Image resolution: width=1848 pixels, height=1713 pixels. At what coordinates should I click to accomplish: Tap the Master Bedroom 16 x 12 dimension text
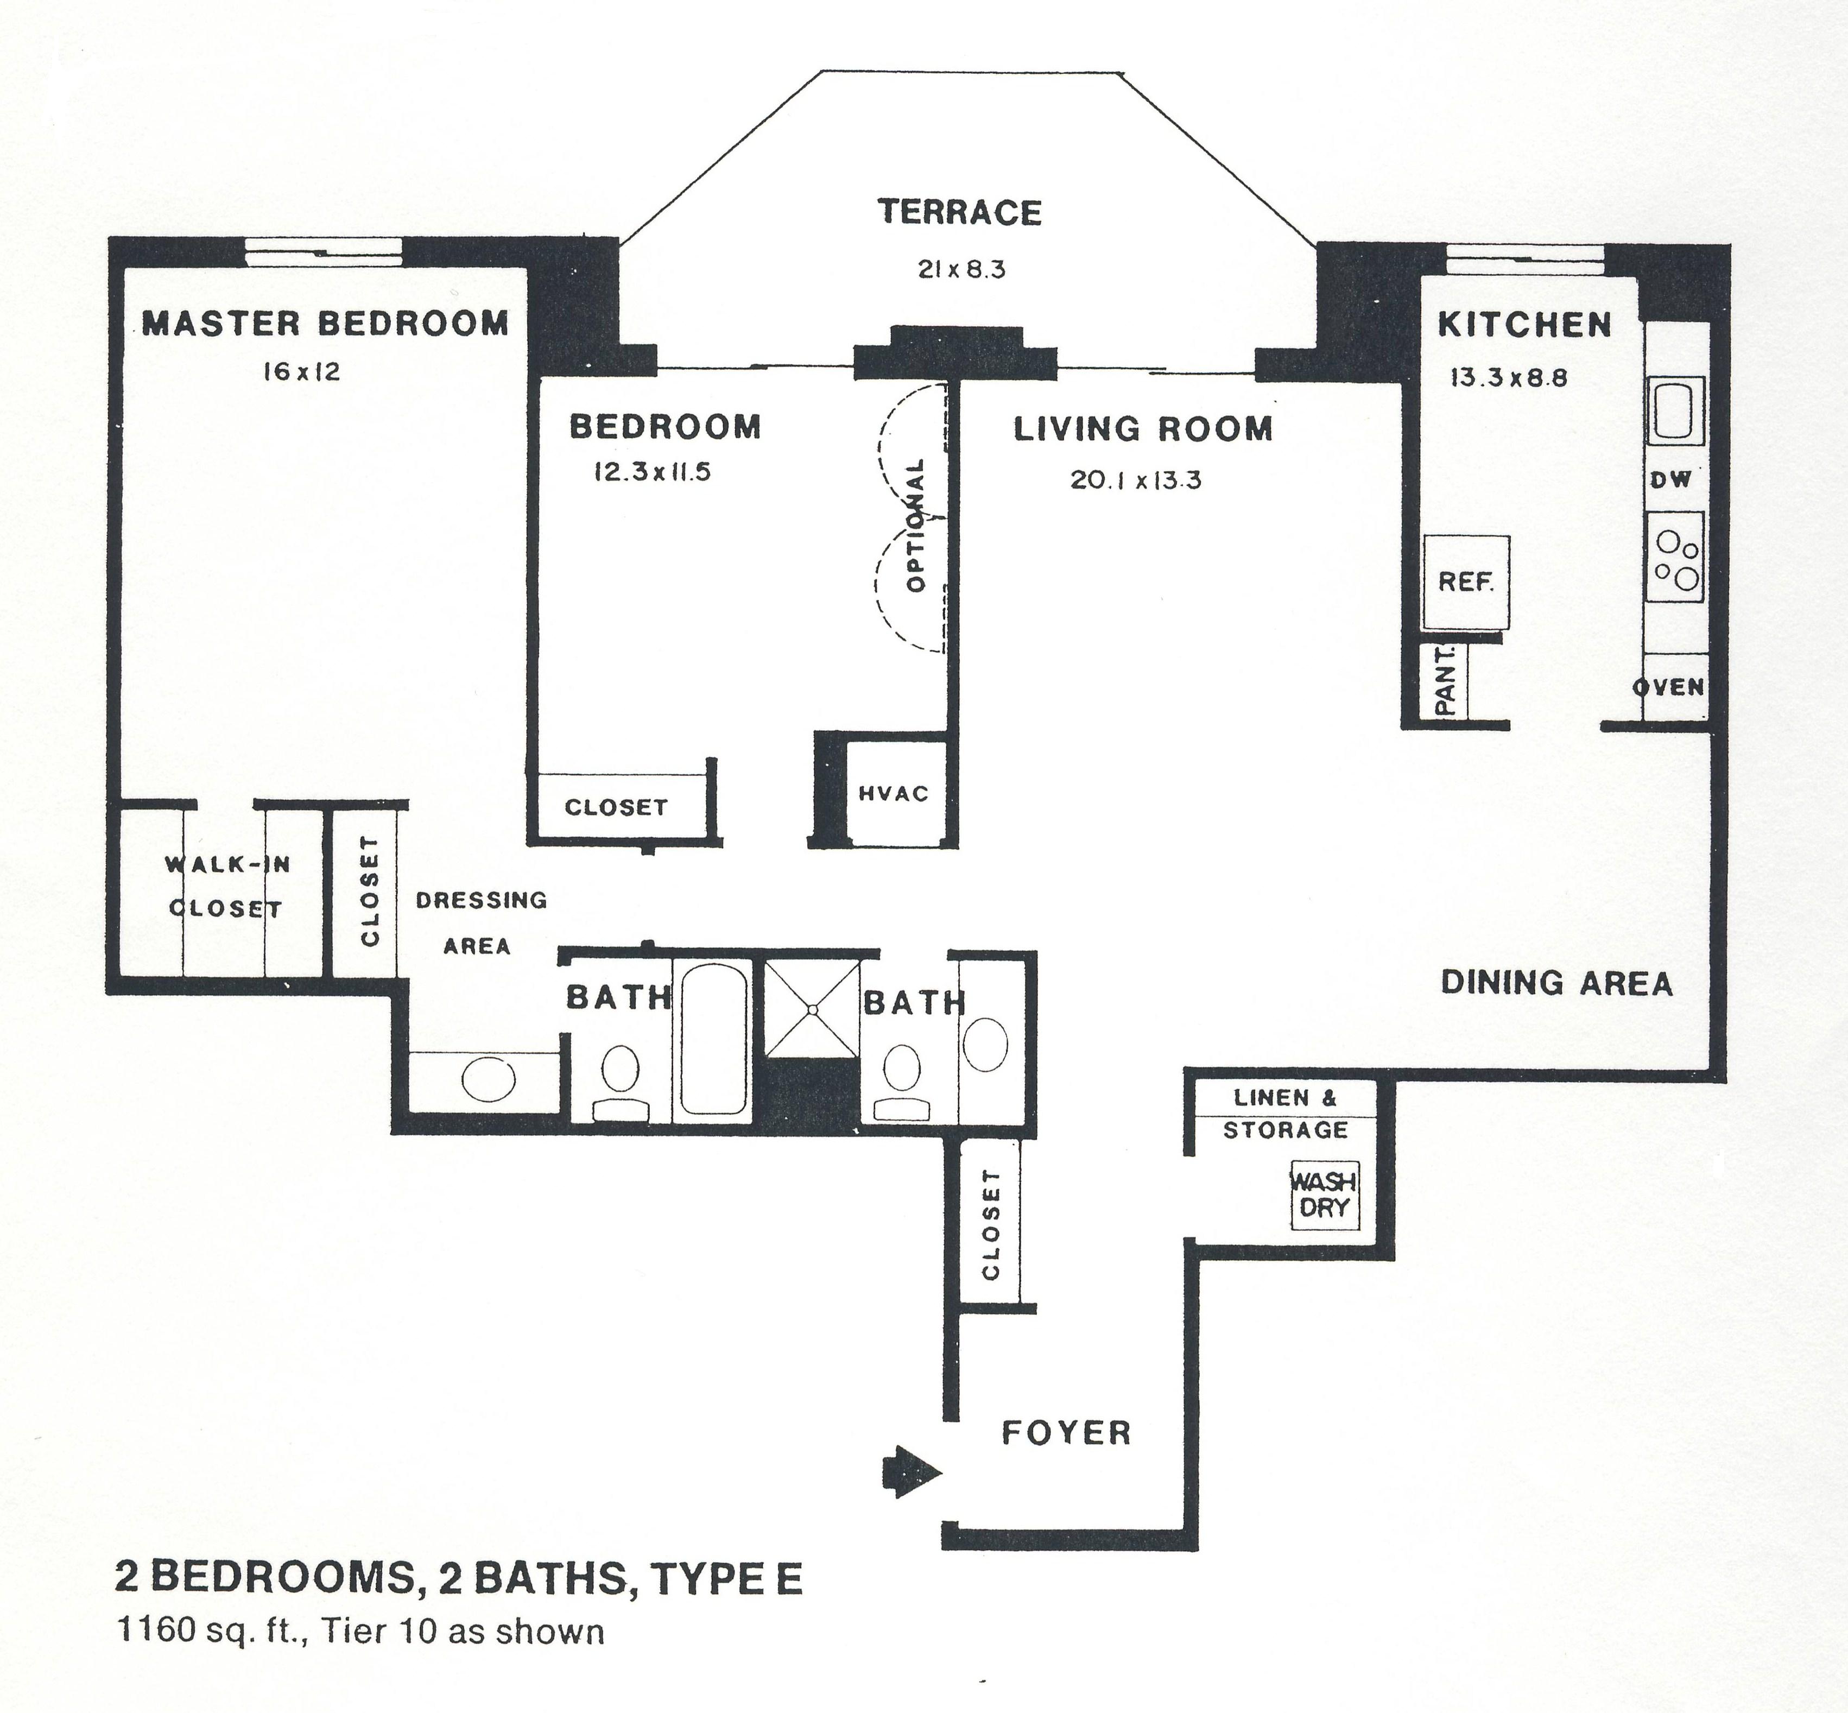(x=301, y=372)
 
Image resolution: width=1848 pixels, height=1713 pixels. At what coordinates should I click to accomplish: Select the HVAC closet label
(x=893, y=793)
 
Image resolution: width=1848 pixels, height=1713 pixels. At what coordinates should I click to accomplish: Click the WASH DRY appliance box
(x=1324, y=1196)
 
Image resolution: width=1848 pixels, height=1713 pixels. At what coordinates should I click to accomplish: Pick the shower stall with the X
(x=812, y=1008)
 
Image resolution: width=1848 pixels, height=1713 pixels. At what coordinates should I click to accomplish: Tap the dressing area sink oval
(x=489, y=1080)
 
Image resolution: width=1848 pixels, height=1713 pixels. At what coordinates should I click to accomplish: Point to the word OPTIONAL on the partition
(x=916, y=524)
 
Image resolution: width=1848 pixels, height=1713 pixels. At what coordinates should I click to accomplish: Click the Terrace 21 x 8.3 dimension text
(x=961, y=270)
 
